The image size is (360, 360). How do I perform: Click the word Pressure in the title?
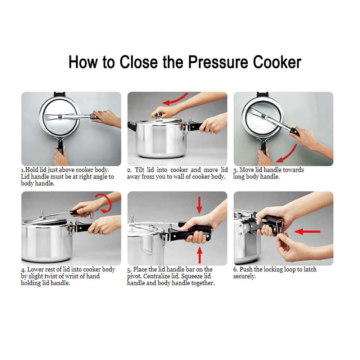coord(218,62)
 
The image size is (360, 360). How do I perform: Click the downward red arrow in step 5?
coord(199,205)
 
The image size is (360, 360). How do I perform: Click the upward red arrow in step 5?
coord(199,255)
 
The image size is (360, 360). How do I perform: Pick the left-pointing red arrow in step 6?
coord(307,231)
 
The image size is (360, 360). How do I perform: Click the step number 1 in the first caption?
coord(22,170)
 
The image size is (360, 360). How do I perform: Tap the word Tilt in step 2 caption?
coord(139,170)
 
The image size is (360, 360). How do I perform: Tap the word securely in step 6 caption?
coord(244,276)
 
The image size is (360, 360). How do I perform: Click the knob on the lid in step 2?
coord(158,114)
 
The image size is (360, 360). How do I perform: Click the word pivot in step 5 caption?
coord(134,276)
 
